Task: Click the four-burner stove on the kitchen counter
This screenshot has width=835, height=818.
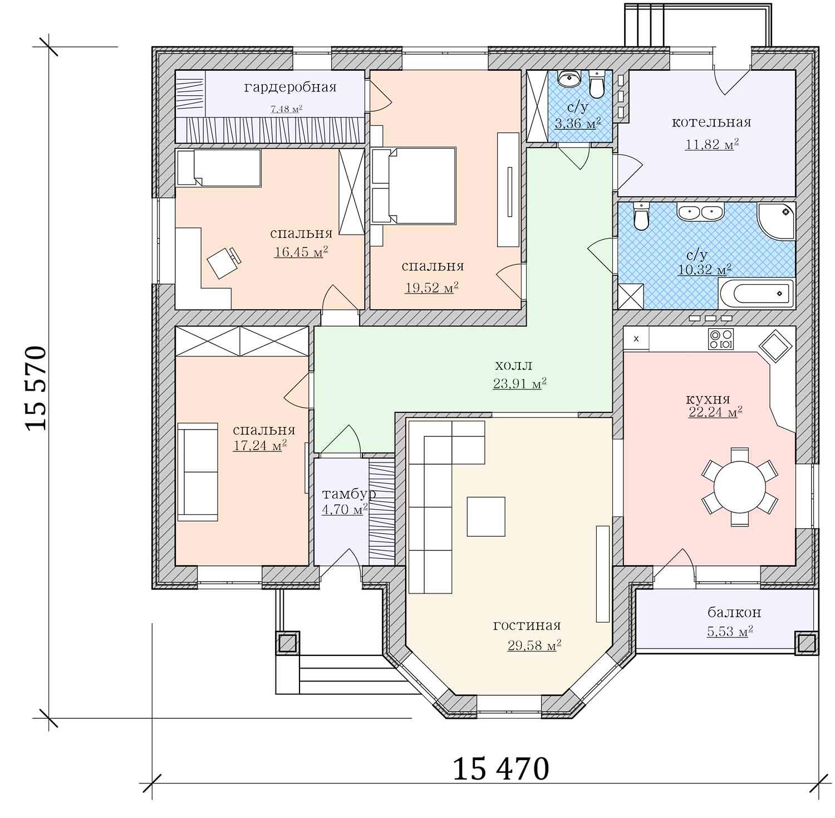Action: coord(721,339)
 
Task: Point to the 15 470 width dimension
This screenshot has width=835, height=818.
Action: coord(501,770)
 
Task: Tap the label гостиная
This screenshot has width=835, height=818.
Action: coord(527,625)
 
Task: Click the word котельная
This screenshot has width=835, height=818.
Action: coord(711,122)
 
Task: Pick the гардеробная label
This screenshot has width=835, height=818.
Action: coord(290,87)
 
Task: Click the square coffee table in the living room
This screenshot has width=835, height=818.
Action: coord(486,516)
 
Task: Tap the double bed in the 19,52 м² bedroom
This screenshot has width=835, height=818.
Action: coord(414,186)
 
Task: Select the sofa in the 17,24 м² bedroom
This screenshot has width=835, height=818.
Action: coord(198,471)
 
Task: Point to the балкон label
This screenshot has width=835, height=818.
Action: coord(734,613)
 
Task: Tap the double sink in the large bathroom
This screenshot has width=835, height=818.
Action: coord(700,212)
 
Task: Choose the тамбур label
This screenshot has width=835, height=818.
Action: coord(349,494)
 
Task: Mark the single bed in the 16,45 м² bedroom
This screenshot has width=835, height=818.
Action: coord(219,167)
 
